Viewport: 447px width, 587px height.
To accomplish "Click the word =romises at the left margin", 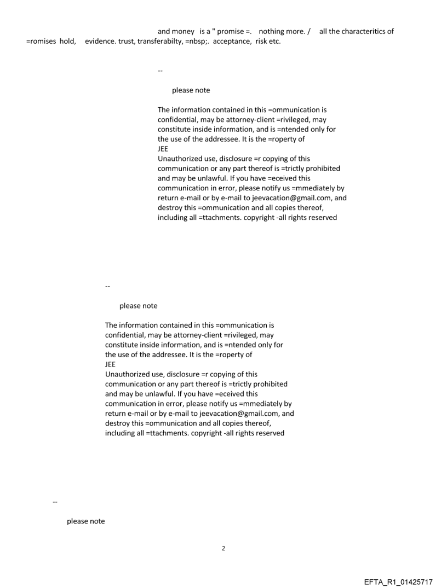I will (41, 42).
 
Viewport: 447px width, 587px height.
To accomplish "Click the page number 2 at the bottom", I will (224, 548).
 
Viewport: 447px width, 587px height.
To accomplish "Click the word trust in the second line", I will (129, 42).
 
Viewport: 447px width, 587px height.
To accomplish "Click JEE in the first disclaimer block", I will (163, 149).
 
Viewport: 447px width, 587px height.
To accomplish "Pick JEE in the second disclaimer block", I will (111, 364).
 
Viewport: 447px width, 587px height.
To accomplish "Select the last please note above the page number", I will (85, 521).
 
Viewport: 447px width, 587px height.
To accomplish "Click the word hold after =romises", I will (68, 42).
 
